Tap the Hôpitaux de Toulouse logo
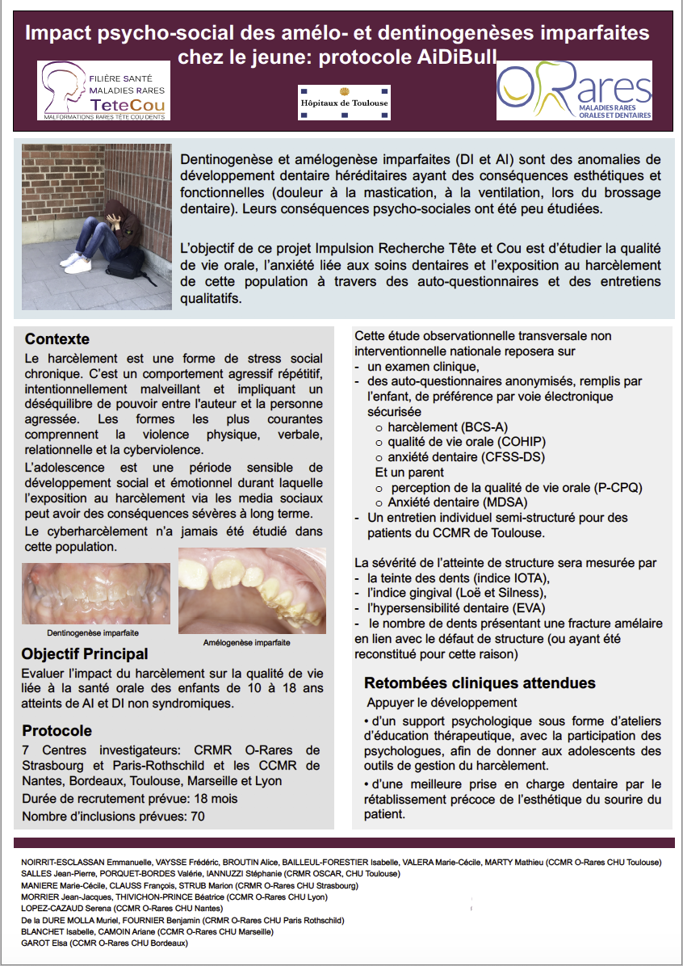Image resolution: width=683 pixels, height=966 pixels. (x=344, y=103)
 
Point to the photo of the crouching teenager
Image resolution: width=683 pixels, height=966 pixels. (x=97, y=227)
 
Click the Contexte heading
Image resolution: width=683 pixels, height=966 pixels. (x=57, y=339)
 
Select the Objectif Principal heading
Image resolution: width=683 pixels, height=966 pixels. (x=85, y=653)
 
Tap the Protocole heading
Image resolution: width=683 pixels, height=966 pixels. (x=57, y=731)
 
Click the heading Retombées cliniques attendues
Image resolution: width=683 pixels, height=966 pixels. (x=480, y=682)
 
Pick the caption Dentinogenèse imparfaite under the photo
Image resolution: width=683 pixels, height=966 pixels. (x=92, y=632)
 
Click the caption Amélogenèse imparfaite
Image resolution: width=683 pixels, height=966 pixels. (x=246, y=642)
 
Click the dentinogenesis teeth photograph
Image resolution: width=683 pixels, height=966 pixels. (x=96, y=594)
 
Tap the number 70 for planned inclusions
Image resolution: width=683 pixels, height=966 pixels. (x=197, y=817)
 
